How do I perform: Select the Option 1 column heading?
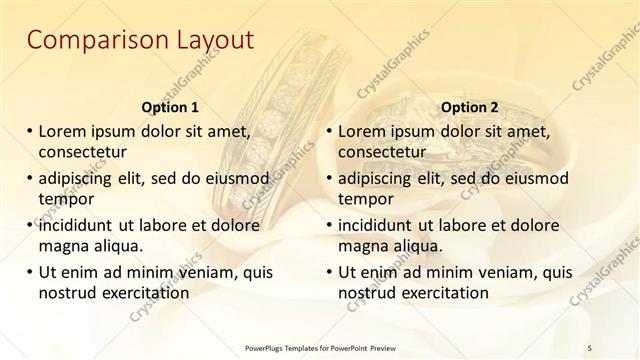170,107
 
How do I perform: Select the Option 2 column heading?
469,107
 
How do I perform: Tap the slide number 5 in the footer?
589,347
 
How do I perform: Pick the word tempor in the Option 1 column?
64,199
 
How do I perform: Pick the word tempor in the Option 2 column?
366,199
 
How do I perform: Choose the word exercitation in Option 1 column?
142,293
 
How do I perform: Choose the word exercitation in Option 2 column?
442,293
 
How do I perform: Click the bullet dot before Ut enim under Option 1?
29,272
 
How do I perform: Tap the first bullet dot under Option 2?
329,131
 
